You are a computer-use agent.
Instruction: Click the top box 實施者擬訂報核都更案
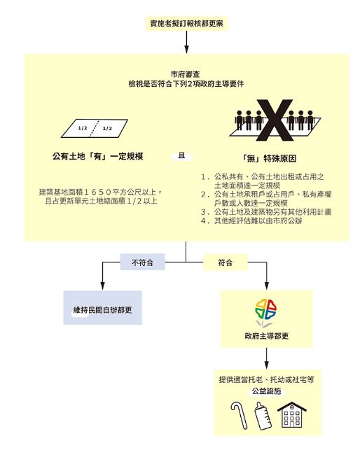(x=186, y=23)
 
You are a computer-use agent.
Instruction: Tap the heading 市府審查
(x=186, y=75)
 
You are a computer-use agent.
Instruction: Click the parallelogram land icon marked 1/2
(x=95, y=128)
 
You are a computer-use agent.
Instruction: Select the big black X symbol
(x=275, y=120)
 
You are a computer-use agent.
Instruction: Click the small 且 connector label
(x=181, y=156)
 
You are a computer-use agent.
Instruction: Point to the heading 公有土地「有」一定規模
(x=97, y=157)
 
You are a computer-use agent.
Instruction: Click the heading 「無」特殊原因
(x=269, y=158)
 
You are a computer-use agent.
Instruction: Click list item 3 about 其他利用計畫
(x=266, y=212)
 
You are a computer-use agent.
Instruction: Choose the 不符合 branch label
(x=142, y=262)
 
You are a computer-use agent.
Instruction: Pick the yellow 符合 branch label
(x=226, y=262)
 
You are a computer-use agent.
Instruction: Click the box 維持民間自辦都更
(x=102, y=308)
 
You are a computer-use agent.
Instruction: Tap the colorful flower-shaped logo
(x=265, y=311)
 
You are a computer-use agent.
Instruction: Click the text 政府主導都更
(x=266, y=336)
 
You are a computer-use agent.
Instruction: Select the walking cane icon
(x=239, y=415)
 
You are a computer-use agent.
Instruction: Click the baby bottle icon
(x=263, y=416)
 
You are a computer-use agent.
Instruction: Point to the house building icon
(x=291, y=415)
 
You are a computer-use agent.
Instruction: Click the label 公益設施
(x=266, y=391)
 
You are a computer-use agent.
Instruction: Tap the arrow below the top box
(x=186, y=42)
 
